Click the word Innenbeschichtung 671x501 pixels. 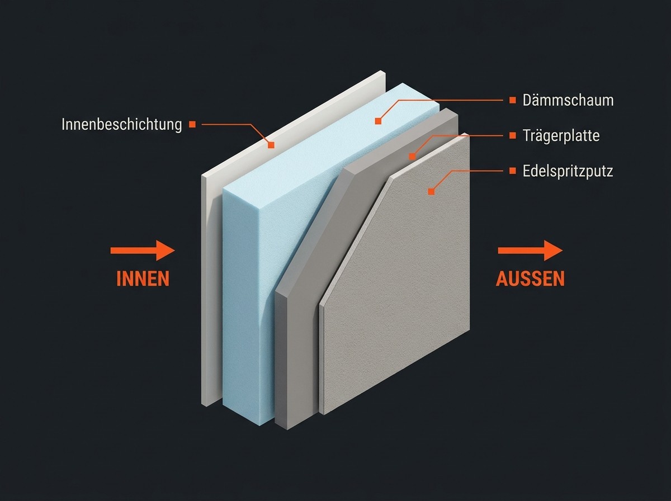pyautogui.click(x=122, y=124)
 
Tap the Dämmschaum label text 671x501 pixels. pyautogui.click(x=568, y=100)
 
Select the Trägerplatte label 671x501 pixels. pyautogui.click(x=561, y=135)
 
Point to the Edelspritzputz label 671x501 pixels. pyautogui.click(x=568, y=171)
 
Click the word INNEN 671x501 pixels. pyautogui.click(x=143, y=278)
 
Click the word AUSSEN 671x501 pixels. pyautogui.click(x=530, y=278)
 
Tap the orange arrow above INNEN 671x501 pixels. pyautogui.click(x=143, y=250)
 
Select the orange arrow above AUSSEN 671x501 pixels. pyautogui.click(x=530, y=250)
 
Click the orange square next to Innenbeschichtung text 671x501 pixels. pyautogui.click(x=192, y=124)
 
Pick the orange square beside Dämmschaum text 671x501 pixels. pyautogui.click(x=513, y=100)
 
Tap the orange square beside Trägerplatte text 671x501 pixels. pyautogui.click(x=513, y=135)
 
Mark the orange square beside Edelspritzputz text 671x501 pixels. pyautogui.click(x=513, y=171)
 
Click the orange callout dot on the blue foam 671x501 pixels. pyautogui.click(x=378, y=121)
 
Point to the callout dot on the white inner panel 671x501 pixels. pyautogui.click(x=271, y=145)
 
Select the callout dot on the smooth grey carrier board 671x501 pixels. pyautogui.click(x=412, y=157)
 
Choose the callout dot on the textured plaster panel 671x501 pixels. pyautogui.click(x=431, y=192)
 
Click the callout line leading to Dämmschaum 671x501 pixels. pyautogui.click(x=440, y=100)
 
